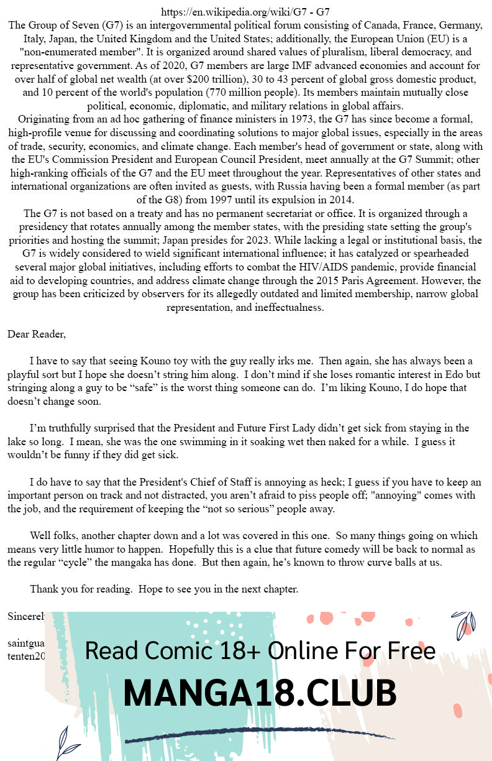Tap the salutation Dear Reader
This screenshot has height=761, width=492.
(36, 334)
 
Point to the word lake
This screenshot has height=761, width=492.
(19, 442)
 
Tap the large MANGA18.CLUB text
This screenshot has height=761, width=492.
(260, 694)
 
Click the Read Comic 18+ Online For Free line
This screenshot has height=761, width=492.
(260, 651)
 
